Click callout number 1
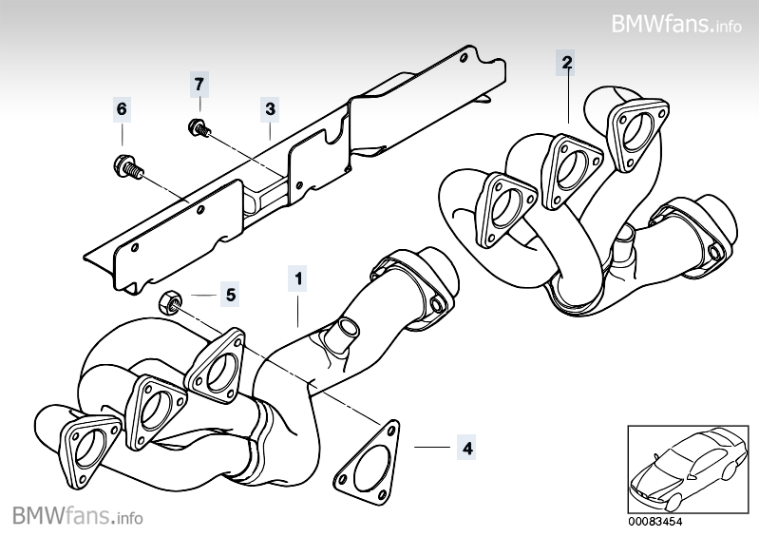298,279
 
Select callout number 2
566,64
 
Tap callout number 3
270,110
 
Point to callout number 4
465,445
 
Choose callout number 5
230,294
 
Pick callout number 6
122,110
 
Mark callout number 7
199,83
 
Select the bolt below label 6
126,167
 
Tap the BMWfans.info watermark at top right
675,22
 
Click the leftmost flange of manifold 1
88,447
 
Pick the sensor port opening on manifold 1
342,336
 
